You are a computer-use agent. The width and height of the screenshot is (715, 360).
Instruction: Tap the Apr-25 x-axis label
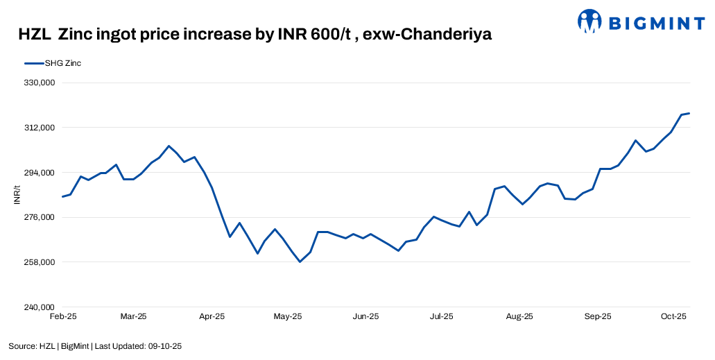[x=212, y=316]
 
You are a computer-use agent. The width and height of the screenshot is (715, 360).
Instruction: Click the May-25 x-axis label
[x=288, y=316]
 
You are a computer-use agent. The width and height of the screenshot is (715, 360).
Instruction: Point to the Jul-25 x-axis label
[x=442, y=316]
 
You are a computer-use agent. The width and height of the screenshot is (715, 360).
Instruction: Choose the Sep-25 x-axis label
[x=598, y=316]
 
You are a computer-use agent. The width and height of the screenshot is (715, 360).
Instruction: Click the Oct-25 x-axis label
[x=673, y=316]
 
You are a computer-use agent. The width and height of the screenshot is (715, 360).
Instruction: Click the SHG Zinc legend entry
[x=63, y=63]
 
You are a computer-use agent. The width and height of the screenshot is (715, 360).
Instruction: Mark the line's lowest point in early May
[x=300, y=262]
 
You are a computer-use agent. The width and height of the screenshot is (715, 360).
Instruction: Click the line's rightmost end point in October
[x=689, y=113]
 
